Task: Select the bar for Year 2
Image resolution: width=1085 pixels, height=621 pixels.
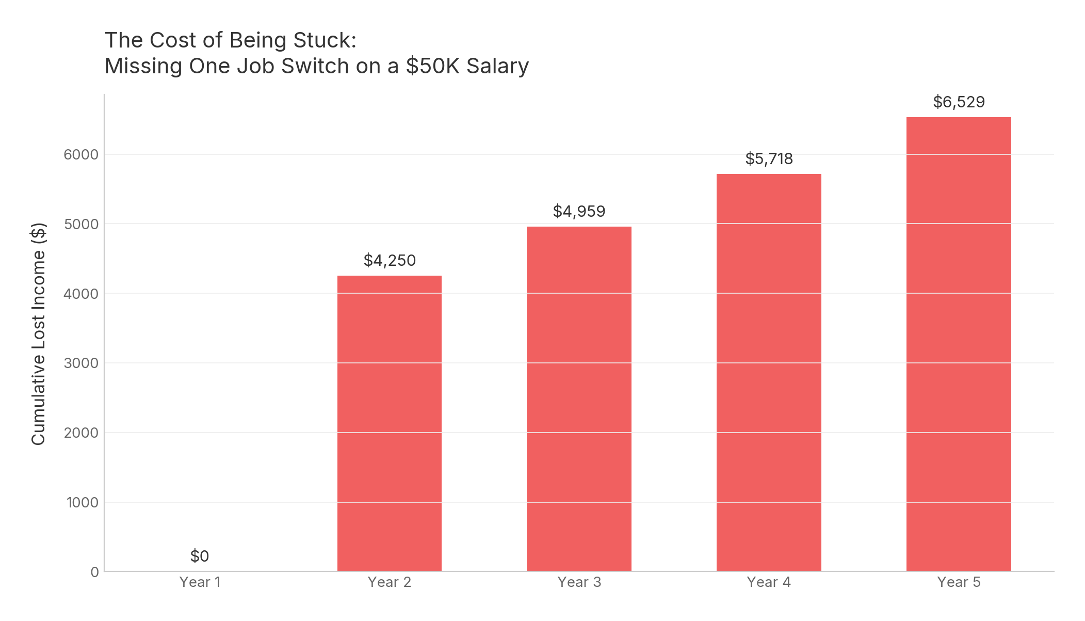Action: pyautogui.click(x=390, y=423)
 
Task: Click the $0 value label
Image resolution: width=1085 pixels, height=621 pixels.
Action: pyautogui.click(x=200, y=556)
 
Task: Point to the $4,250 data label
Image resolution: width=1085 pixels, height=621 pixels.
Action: pyautogui.click(x=390, y=260)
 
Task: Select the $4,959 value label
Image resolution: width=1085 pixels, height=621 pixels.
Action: pyautogui.click(x=579, y=211)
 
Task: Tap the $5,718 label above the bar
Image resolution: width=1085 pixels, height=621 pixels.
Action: pyautogui.click(x=769, y=158)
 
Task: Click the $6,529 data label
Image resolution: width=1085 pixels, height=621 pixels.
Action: pyautogui.click(x=959, y=102)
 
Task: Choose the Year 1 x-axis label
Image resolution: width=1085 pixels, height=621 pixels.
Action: pyautogui.click(x=200, y=582)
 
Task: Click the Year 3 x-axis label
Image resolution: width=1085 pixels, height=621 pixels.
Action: pyautogui.click(x=579, y=582)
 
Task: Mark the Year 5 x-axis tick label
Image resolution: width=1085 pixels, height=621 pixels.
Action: pyautogui.click(x=959, y=582)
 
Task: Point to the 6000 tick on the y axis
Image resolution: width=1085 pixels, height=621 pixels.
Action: pyautogui.click(x=81, y=154)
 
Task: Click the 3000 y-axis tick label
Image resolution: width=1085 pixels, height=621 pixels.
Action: pyautogui.click(x=81, y=363)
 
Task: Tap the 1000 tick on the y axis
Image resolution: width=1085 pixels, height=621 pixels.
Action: pyautogui.click(x=82, y=502)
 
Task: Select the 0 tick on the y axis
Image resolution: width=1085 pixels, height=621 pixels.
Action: pyautogui.click(x=94, y=572)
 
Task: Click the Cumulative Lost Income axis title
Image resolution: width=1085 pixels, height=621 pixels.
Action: pyautogui.click(x=39, y=333)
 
